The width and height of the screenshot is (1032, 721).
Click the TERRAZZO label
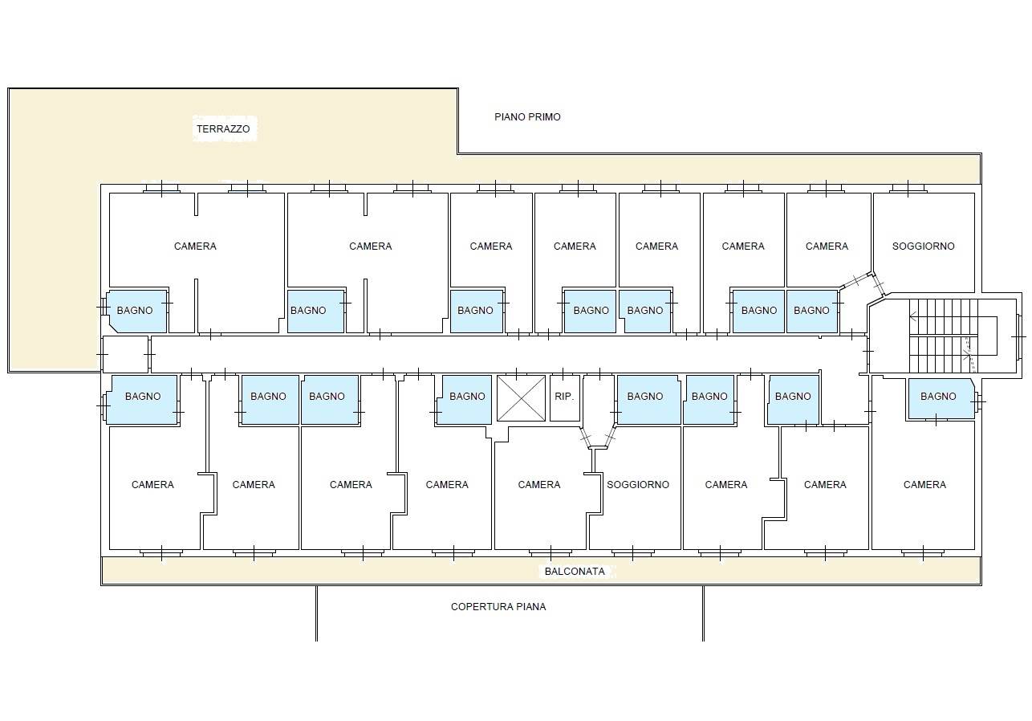[223, 129]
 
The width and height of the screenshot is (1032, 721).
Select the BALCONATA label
[575, 572]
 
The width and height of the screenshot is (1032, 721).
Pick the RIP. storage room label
[564, 397]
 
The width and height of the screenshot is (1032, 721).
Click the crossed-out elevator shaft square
[521, 398]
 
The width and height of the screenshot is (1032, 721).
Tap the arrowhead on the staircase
[913, 316]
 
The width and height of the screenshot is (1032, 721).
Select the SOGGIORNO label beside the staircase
[924, 246]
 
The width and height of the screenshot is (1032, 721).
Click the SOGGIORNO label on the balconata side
[638, 484]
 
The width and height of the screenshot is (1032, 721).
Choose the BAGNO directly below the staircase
[938, 397]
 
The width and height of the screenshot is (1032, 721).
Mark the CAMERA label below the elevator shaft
[539, 484]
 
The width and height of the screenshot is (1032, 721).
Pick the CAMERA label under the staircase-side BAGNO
[924, 484]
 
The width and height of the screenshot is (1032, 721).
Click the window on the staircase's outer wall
[1019, 337]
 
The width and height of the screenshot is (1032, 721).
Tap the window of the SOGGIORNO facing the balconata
[632, 552]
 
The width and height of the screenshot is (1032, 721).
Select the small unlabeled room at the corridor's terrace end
[125, 354]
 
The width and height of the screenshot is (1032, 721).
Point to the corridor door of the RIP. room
[563, 373]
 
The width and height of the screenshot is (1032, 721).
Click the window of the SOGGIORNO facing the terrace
[908, 189]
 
